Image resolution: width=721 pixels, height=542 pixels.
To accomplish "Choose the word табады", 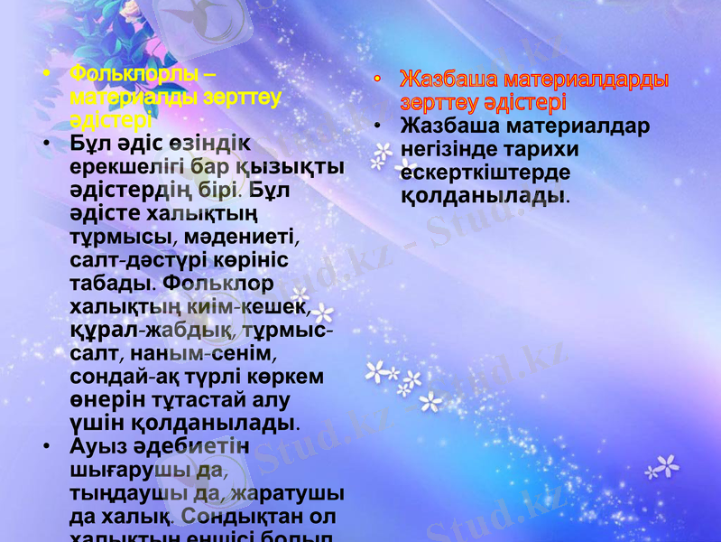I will point(114,285).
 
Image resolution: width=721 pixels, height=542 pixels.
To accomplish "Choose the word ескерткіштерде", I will point(485,173).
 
